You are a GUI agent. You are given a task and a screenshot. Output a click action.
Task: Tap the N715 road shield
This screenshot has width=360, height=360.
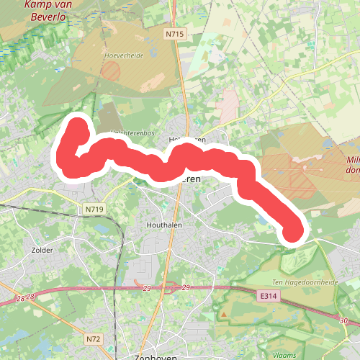tap(174, 33)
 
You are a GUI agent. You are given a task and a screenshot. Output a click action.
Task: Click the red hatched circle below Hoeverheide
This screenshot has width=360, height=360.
tap(111, 70)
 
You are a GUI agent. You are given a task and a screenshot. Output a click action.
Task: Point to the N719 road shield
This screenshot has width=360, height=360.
tap(94, 209)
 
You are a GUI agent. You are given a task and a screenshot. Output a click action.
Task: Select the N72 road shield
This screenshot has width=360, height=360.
tap(91, 338)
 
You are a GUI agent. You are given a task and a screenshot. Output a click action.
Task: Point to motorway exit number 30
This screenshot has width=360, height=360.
tap(344, 320)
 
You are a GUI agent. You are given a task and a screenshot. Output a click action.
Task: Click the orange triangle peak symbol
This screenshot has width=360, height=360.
tap(224, 315)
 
